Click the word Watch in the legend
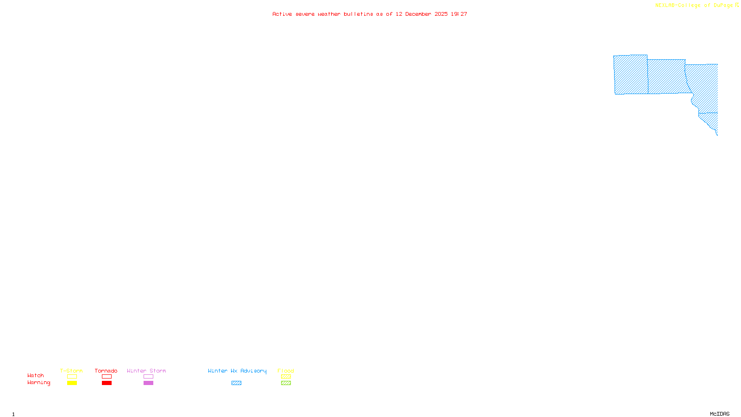click(x=36, y=375)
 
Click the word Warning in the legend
click(x=39, y=383)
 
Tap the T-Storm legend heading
click(x=71, y=371)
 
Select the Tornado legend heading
click(x=106, y=371)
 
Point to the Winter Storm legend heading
click(x=146, y=371)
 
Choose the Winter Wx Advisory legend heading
click(x=237, y=371)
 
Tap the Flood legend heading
click(x=286, y=371)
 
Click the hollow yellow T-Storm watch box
click(x=72, y=377)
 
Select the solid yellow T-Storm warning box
click(x=72, y=383)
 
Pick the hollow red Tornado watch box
click(x=107, y=377)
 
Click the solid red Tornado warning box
click(x=107, y=383)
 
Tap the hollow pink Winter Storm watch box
click(x=148, y=377)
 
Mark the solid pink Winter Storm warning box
click(x=148, y=383)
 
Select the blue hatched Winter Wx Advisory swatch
click(x=236, y=383)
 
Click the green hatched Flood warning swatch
click(x=286, y=383)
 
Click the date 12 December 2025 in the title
click(x=421, y=14)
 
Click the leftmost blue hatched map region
click(x=631, y=75)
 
